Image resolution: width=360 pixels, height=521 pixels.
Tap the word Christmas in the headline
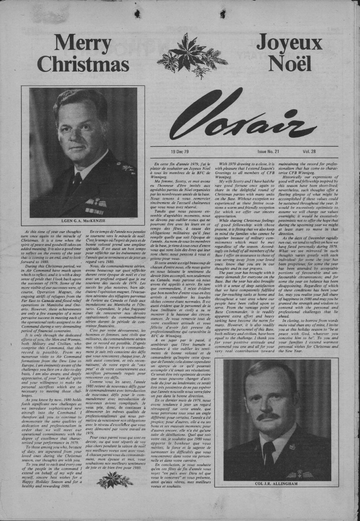pyautogui.click(x=83, y=63)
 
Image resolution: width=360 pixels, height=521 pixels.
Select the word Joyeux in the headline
pyautogui.click(x=289, y=43)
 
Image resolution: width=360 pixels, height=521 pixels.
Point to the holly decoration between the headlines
pyautogui.click(x=192, y=55)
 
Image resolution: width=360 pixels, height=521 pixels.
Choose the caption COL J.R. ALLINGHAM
pyautogui.click(x=277, y=484)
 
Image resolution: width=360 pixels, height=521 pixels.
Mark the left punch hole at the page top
pyautogui.click(x=137, y=14)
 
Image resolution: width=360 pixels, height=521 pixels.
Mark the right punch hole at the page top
pyautogui.click(x=222, y=14)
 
